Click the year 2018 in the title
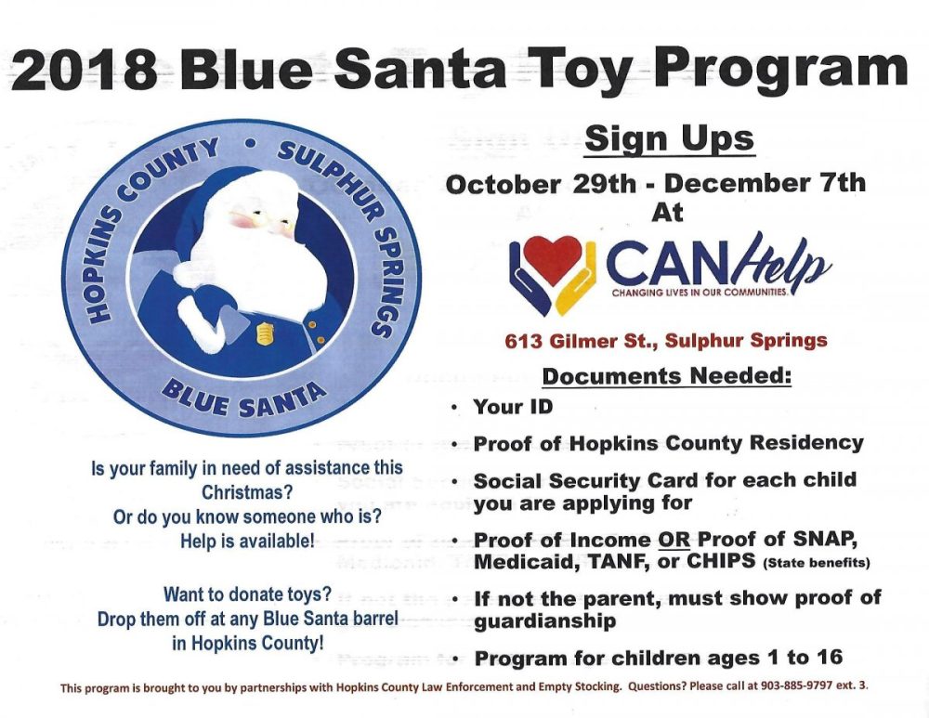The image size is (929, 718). click(x=85, y=70)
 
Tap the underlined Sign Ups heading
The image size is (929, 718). click(x=669, y=139)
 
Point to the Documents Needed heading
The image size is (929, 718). click(x=666, y=376)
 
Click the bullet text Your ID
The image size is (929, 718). click(x=513, y=407)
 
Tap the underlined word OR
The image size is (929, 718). click(x=674, y=540)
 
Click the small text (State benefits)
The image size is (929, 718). click(x=817, y=563)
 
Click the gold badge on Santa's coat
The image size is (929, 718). click(x=264, y=334)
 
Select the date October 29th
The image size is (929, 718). click(x=541, y=184)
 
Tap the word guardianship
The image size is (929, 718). click(x=545, y=621)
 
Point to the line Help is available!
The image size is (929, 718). click(x=248, y=541)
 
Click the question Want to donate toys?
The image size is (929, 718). click(x=247, y=594)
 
